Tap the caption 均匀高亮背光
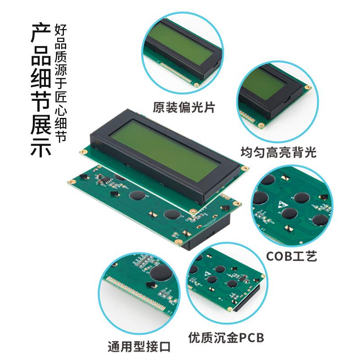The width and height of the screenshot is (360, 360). (278, 152)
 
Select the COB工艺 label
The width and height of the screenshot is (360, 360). (292, 256)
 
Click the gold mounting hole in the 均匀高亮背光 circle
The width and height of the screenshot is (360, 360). (307, 87)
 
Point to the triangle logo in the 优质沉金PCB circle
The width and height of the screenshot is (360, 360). (207, 274)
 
